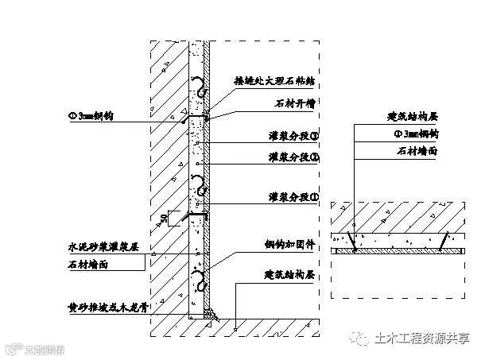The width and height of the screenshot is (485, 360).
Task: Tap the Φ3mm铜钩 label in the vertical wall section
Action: coord(92,116)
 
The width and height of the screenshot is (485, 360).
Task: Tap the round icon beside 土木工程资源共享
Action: coord(366,338)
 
